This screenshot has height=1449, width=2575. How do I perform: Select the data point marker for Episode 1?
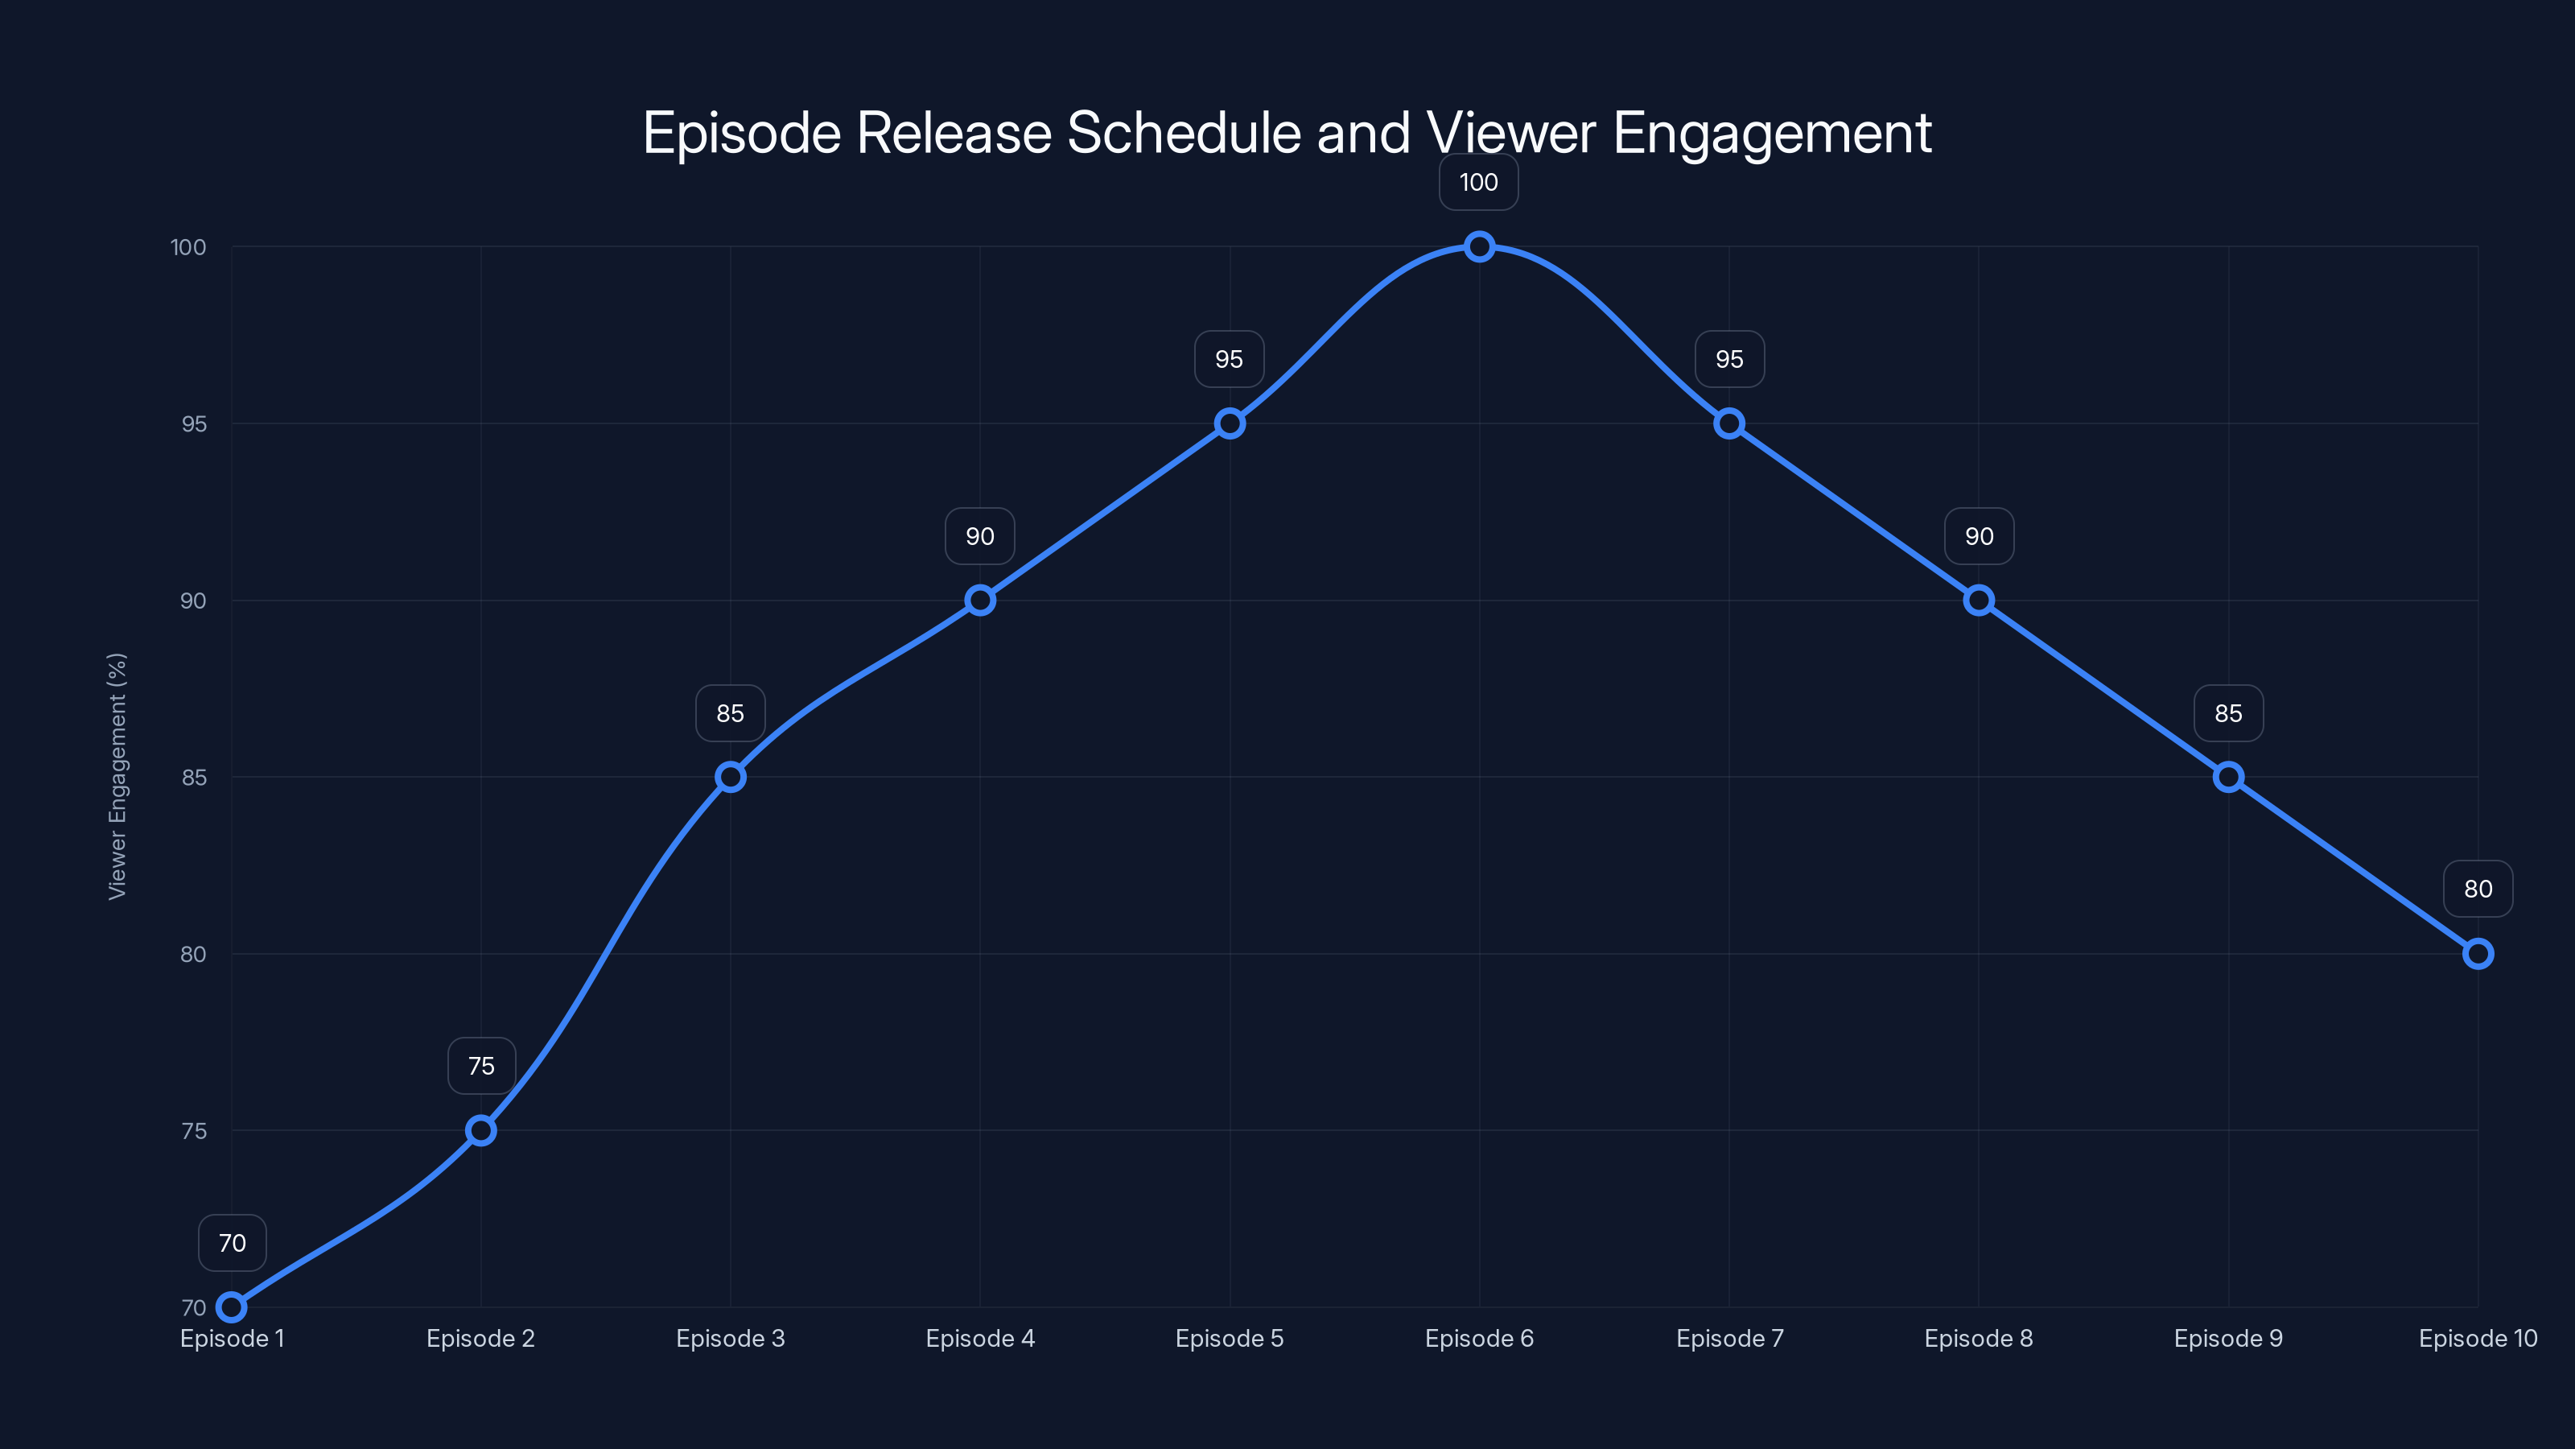click(232, 1307)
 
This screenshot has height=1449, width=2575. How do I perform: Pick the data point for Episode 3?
click(731, 777)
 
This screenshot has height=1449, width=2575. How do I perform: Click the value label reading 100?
click(1478, 182)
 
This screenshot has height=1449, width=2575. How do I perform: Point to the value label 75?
click(481, 1066)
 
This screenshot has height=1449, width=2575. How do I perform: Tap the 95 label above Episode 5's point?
click(1229, 359)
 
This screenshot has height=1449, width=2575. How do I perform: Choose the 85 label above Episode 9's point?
click(2228, 713)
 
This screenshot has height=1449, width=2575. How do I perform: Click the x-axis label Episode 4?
click(979, 1338)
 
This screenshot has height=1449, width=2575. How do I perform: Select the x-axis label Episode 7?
click(1729, 1338)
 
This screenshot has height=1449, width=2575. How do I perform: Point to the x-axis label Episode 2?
click(481, 1338)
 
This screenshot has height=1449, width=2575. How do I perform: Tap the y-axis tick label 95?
click(194, 424)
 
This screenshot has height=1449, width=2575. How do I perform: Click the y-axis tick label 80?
click(193, 954)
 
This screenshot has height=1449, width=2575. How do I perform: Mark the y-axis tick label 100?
click(188, 247)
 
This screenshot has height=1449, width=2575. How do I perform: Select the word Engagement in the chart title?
click(1771, 133)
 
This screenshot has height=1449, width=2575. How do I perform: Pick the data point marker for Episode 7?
click(1729, 424)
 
